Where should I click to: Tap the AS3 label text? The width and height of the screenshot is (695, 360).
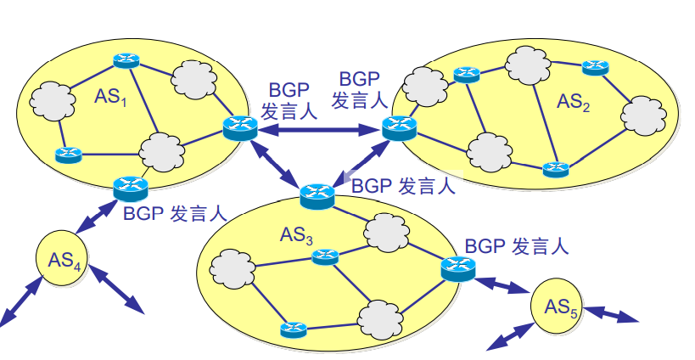tap(297, 235)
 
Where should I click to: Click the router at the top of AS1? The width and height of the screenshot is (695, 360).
tap(126, 61)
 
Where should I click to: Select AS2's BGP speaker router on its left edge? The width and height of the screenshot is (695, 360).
tap(398, 128)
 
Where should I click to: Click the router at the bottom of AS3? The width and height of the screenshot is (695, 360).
tap(293, 328)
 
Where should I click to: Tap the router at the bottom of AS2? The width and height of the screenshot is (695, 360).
tap(556, 168)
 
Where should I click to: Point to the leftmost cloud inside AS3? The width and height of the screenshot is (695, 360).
tap(231, 269)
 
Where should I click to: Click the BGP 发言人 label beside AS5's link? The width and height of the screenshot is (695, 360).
tap(515, 247)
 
